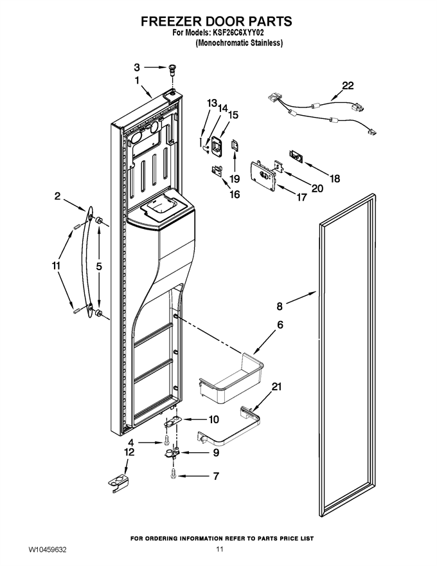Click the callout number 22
click(348, 86)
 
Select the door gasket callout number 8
click(280, 306)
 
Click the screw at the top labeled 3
click(173, 69)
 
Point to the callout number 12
click(129, 452)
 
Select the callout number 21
click(276, 387)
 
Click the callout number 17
click(301, 197)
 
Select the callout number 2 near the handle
click(57, 196)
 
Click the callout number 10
click(213, 419)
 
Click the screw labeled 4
click(166, 440)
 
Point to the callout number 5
click(99, 266)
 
